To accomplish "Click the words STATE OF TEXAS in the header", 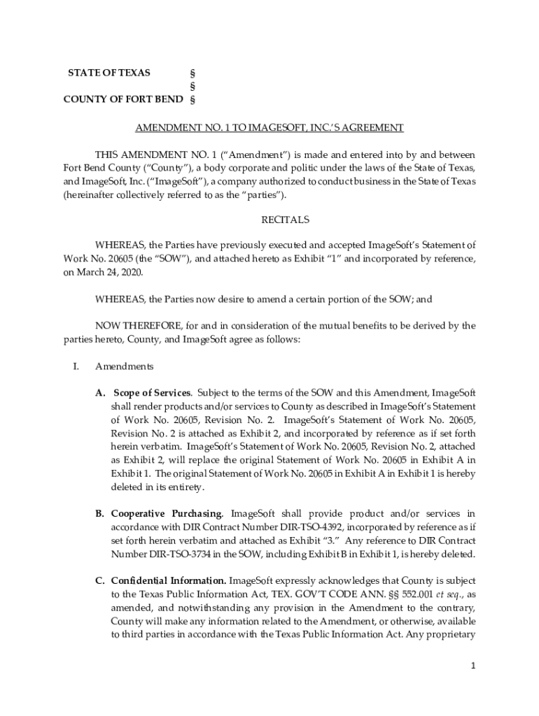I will tap(108, 73).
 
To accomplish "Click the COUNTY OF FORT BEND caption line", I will tap(123, 99).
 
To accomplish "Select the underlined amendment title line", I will tap(269, 128).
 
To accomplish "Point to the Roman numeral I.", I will tap(76, 366).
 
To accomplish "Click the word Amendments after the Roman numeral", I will tap(125, 366).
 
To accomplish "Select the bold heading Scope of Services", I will tap(152, 393).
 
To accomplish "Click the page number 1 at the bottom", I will tap(473, 666).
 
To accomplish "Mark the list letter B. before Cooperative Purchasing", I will tap(100, 514).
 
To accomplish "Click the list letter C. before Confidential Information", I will tap(100, 581).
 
